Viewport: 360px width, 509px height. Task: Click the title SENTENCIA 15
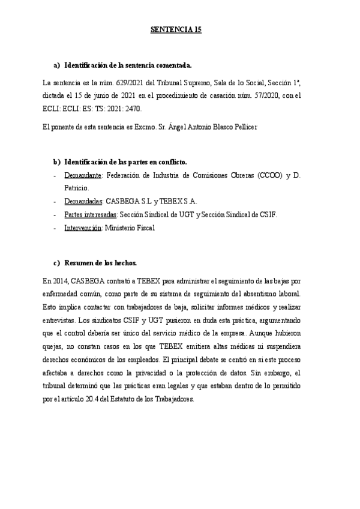point(175,29)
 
